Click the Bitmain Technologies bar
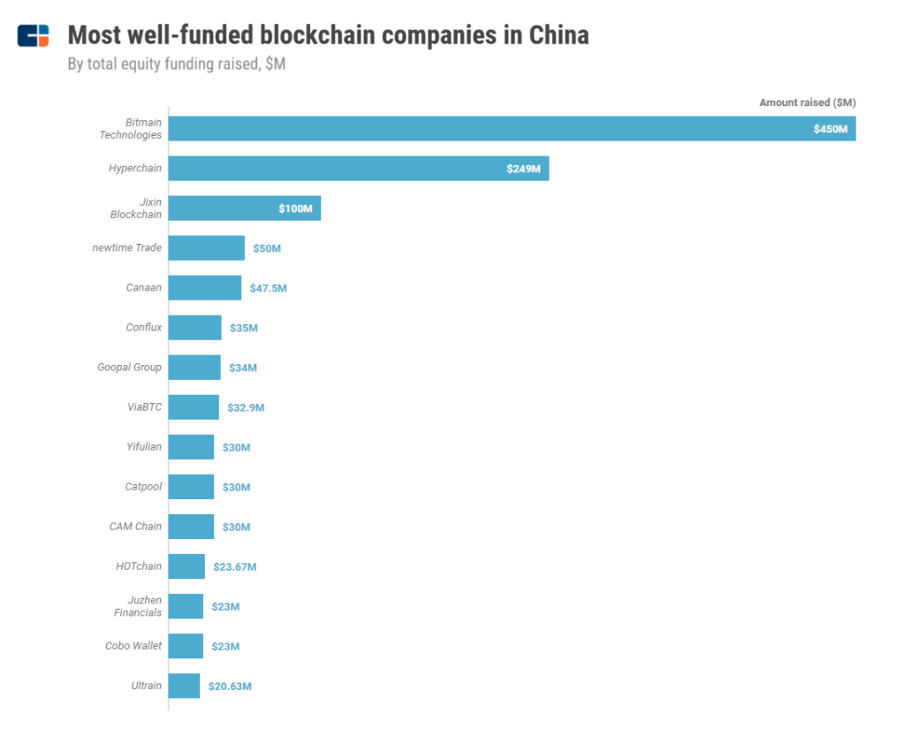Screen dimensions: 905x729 point(512,129)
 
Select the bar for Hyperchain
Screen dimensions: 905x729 point(359,169)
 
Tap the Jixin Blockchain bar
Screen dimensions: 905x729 point(245,209)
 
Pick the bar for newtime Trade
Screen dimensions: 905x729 point(207,248)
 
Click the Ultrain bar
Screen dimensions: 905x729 point(184,686)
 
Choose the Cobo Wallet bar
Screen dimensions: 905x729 point(186,646)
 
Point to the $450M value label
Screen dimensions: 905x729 point(831,129)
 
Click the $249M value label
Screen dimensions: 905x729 point(523,169)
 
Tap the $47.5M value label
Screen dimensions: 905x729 point(269,288)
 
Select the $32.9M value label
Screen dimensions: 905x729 point(246,407)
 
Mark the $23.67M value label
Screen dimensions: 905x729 point(235,566)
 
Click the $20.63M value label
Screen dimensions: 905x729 point(230,687)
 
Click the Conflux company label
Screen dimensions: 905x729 point(144,327)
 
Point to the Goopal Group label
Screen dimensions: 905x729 point(129,367)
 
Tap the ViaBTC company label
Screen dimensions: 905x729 point(144,407)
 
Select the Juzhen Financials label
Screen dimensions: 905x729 point(138,606)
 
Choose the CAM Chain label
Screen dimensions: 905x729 point(135,527)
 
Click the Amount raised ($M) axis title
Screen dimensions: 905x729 point(808,103)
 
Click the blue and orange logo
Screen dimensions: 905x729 point(33,35)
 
